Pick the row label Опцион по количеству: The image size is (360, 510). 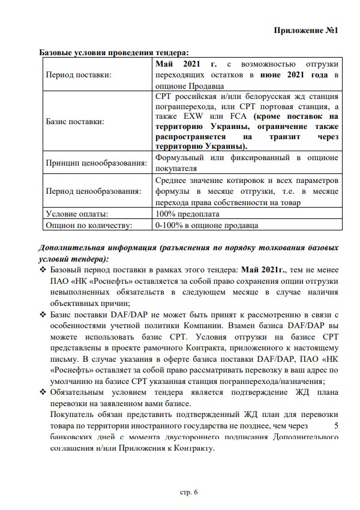(88, 225)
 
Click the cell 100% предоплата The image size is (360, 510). (187, 214)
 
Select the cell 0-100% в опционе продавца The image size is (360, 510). (206, 225)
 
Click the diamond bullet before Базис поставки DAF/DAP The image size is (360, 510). (43, 315)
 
